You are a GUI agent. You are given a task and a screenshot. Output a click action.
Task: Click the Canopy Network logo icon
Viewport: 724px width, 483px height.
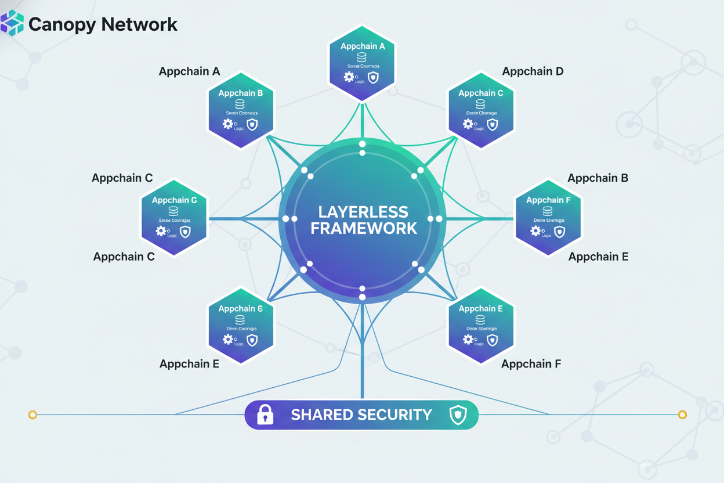[13, 23]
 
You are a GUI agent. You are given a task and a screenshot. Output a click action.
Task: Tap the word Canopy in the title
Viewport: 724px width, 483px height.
[61, 24]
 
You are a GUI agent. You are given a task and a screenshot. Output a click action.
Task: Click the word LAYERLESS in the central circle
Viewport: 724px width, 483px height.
[363, 212]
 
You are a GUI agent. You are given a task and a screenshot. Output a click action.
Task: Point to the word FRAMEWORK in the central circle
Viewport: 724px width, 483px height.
[363, 228]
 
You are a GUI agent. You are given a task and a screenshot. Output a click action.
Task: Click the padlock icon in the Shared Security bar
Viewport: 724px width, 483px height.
[265, 414]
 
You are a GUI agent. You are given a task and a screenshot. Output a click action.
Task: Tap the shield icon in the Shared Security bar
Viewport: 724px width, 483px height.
[458, 414]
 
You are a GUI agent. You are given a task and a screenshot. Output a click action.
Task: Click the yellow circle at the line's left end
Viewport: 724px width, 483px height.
[32, 414]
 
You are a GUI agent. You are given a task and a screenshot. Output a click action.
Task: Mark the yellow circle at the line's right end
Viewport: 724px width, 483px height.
[682, 414]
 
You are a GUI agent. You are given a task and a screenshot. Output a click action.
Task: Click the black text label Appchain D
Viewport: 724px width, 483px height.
[533, 71]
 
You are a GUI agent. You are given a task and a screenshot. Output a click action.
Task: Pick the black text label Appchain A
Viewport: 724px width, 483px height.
[189, 71]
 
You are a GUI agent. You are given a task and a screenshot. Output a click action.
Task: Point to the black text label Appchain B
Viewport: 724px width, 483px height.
[598, 178]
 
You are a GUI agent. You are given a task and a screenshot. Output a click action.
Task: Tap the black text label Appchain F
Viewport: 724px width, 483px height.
[531, 364]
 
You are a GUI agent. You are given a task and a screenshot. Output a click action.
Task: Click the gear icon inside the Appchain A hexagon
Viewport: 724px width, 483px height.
[349, 77]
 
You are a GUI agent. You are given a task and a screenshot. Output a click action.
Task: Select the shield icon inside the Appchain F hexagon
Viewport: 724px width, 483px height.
[559, 232]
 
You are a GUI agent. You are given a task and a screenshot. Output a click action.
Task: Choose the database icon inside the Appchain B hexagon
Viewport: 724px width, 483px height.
[240, 104]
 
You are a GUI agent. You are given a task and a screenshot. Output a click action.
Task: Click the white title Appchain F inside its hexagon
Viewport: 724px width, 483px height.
[548, 200]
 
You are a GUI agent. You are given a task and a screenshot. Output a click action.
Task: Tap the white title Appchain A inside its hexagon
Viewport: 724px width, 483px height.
[363, 46]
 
